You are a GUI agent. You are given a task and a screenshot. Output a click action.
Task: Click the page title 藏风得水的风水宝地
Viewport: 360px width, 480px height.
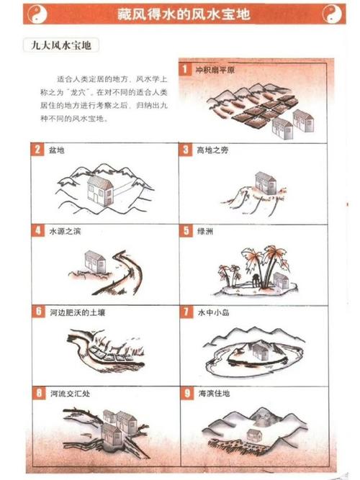tap(184, 14)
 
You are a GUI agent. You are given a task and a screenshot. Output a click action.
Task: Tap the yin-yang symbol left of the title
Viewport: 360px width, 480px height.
tap(37, 14)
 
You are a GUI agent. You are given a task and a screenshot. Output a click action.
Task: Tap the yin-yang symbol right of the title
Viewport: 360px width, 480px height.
tap(332, 14)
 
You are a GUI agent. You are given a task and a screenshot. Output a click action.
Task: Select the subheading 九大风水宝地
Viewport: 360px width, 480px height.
tap(61, 45)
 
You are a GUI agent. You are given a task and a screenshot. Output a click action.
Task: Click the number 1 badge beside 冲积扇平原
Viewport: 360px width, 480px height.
tap(185, 69)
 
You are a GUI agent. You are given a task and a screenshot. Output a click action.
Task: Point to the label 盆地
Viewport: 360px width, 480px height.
tap(57, 150)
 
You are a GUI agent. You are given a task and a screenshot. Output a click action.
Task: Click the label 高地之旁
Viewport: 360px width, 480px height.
tap(212, 150)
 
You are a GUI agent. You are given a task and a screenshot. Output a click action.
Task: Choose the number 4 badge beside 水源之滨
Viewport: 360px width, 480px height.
tap(37, 230)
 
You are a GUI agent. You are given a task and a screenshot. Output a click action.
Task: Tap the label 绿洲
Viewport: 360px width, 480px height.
tap(205, 232)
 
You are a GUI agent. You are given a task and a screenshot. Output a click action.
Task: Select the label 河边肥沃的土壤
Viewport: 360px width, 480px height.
tap(78, 312)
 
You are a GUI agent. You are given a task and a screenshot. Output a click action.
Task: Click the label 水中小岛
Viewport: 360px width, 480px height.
tap(214, 312)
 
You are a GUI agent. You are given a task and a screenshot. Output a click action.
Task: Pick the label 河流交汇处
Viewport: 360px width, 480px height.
tap(70, 394)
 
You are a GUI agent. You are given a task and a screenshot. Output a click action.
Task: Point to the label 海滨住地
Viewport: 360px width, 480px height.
tap(214, 394)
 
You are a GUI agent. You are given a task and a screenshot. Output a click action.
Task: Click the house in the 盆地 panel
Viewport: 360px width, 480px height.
tap(100, 191)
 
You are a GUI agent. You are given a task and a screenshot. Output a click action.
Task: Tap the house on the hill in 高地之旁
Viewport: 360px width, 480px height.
tap(266, 183)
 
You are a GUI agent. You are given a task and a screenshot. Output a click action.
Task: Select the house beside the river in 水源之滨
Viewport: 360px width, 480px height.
tap(95, 261)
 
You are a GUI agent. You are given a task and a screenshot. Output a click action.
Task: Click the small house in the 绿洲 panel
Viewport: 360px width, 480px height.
tap(282, 281)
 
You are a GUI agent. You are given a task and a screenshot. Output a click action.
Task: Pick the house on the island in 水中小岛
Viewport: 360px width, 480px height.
tap(261, 350)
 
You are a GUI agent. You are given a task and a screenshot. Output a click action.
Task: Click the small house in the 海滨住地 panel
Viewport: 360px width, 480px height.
tap(253, 434)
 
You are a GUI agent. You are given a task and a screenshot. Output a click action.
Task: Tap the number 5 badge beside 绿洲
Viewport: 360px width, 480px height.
tap(186, 231)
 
